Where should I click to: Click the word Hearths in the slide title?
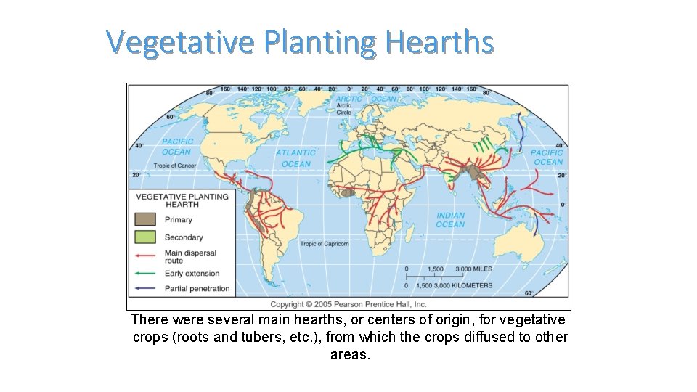point(439,42)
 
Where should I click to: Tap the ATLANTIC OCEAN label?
point(295,158)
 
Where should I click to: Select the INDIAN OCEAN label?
point(450,220)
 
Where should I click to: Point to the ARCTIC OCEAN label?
point(366,99)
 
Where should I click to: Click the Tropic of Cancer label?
point(174,166)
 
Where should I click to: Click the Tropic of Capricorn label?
point(324,244)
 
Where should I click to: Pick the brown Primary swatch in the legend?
point(145,219)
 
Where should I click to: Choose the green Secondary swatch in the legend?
point(145,237)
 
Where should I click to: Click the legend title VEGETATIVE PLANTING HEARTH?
point(182,200)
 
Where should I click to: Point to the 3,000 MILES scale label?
point(473,269)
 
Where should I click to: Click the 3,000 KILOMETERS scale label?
point(464,285)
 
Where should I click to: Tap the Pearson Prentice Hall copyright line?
point(348,304)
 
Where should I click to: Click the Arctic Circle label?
point(343,109)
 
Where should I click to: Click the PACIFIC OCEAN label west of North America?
point(177,147)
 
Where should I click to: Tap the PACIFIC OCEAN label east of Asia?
point(547,157)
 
